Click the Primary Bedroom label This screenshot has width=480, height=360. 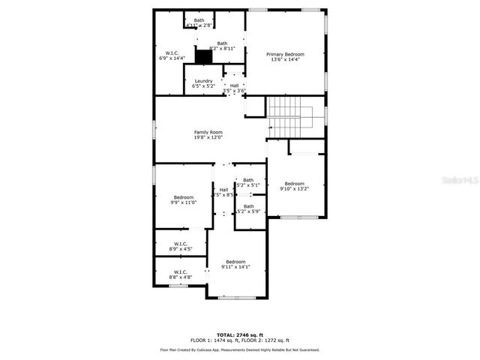coord(285,54)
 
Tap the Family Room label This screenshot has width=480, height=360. coord(208,132)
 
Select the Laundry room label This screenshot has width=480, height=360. coord(203,80)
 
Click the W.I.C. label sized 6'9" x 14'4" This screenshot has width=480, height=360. coord(171,53)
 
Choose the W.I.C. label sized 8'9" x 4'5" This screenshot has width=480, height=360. coord(181,243)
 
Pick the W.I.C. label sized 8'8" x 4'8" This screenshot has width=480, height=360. coord(181,271)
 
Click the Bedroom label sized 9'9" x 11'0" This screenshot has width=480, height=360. coord(184,197)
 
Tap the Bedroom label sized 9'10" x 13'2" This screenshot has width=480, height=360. coord(294,184)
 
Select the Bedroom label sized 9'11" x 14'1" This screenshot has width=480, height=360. coord(235,261)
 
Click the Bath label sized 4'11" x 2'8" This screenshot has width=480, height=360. coord(199,20)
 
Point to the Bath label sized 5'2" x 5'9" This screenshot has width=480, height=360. coord(248,206)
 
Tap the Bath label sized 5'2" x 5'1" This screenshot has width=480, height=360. coord(248,180)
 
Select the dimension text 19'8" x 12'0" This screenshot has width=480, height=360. coord(208,137)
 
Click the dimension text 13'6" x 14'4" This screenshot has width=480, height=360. coord(285,59)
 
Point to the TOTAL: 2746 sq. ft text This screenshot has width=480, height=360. coord(240,334)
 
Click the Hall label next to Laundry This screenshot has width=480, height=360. coord(234,85)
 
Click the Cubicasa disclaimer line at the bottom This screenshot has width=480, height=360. coord(240,349)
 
